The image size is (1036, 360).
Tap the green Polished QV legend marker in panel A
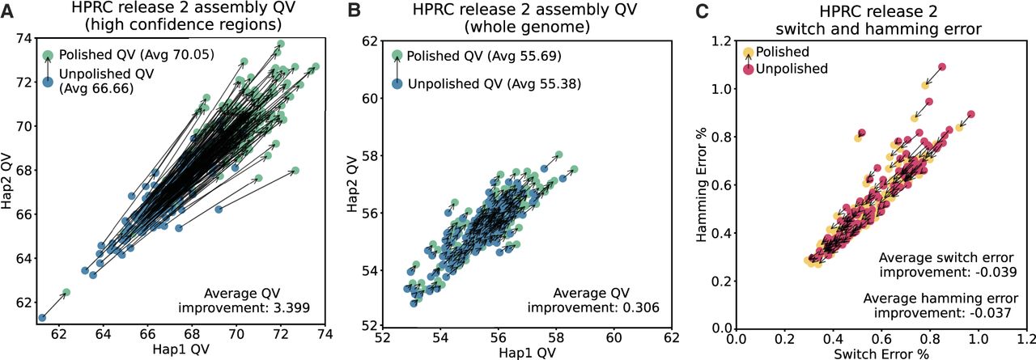(x=49, y=56)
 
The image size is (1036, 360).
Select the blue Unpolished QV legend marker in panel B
(x=397, y=84)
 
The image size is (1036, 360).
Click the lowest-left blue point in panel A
(x=42, y=318)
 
